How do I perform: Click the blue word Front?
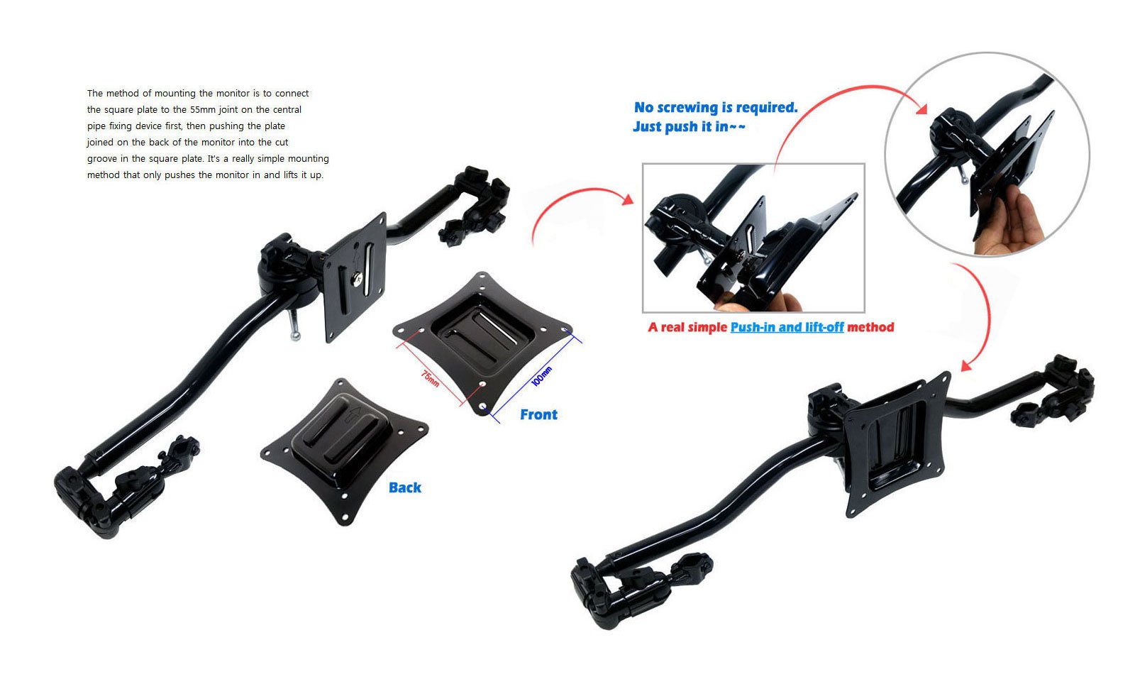[x=538, y=415]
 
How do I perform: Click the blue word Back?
[x=404, y=487]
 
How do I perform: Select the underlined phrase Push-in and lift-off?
[x=787, y=327]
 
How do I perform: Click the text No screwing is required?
[x=716, y=108]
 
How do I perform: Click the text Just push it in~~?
[x=689, y=127]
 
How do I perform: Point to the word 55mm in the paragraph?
[x=204, y=110]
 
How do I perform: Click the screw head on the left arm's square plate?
[x=359, y=279]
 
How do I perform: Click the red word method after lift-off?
[x=870, y=327]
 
